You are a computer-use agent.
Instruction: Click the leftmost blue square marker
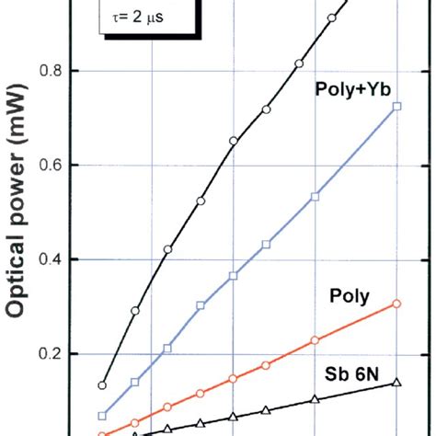[x=102, y=416]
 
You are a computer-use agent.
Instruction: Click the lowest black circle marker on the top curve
[x=102, y=385]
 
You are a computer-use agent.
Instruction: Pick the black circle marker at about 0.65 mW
[x=233, y=141]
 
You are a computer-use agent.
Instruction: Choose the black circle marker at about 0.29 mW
[x=135, y=311]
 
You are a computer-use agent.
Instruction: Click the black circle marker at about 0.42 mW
[x=167, y=249]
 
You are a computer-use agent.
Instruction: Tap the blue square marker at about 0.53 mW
[x=315, y=197]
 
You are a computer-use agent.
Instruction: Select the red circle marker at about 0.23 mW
[x=315, y=340]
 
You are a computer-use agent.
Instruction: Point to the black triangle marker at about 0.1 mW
[x=315, y=399]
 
